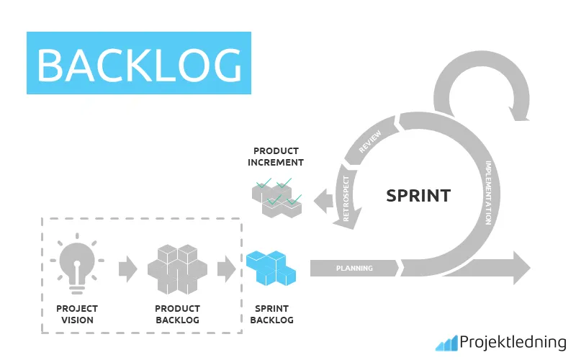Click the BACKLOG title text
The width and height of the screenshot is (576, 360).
coord(139,64)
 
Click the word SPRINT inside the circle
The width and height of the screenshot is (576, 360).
coord(418,195)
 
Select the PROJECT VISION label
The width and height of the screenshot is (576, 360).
coord(76,315)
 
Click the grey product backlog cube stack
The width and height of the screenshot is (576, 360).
coord(177,269)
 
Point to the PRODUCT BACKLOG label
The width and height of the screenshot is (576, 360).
coord(177,315)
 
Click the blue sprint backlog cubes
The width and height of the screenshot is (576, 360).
coord(271,269)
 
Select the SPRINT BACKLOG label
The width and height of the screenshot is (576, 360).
coord(271,315)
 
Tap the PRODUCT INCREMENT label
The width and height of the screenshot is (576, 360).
coord(276,157)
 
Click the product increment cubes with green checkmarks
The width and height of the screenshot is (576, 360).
coord(276,196)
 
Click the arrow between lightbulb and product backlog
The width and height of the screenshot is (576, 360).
coord(127,269)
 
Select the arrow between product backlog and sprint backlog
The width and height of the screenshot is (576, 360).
coord(226,269)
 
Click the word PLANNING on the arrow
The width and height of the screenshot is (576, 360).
coord(354,269)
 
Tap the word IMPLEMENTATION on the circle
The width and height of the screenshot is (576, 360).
coord(489,192)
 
